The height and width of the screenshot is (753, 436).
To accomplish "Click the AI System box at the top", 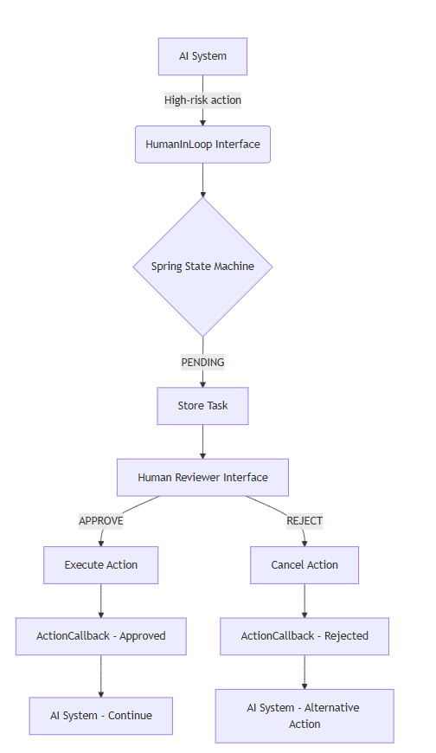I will coord(202,56).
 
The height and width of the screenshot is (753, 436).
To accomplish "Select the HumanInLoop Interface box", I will coord(202,144).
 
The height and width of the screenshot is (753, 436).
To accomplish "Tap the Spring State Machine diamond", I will coord(202,267).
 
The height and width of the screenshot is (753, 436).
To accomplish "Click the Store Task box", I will coord(202,405).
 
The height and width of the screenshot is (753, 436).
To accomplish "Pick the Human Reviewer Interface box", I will coord(202,477).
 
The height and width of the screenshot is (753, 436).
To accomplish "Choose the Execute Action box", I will coord(100,564).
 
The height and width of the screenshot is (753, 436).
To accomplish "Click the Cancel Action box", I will coord(304,564).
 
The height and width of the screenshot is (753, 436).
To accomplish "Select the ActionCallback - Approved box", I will coord(100,635).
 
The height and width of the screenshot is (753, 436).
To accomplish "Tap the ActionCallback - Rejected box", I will coord(304,635).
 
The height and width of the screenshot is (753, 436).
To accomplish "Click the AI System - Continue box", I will coord(100,715).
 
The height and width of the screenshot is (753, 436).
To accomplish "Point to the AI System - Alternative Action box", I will coord(304,715).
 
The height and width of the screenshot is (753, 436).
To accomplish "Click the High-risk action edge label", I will coord(202,100).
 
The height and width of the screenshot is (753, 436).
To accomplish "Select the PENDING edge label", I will coord(202,362).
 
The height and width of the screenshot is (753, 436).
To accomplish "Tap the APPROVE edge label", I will coord(100,521).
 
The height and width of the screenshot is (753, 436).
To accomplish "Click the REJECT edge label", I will coord(304,521).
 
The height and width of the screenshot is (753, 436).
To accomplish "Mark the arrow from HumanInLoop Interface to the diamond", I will coord(202,180).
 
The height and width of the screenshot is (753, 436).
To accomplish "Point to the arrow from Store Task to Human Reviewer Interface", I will coord(202,441).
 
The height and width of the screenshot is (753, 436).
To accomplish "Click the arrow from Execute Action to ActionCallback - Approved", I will coord(100,600).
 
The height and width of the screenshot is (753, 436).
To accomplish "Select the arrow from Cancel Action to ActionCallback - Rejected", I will coord(304,600).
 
